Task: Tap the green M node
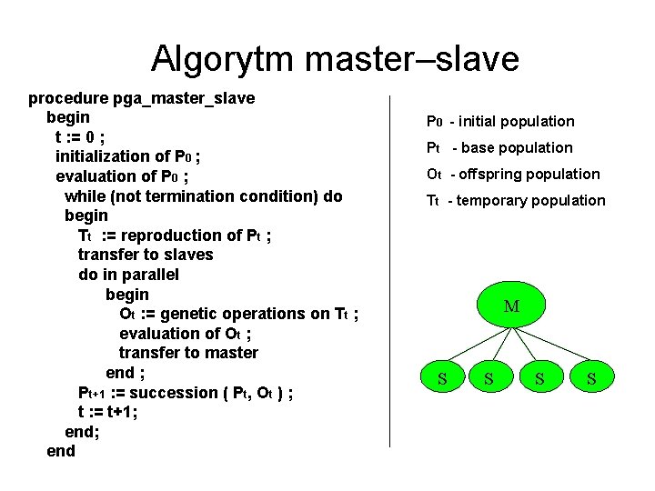511,307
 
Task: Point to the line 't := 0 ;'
80,137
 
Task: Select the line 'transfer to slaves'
146,255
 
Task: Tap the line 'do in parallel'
128,275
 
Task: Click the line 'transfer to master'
188,353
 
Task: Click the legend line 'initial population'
516,122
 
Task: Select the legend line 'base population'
514,148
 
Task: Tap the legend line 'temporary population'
530,201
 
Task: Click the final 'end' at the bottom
61,451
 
